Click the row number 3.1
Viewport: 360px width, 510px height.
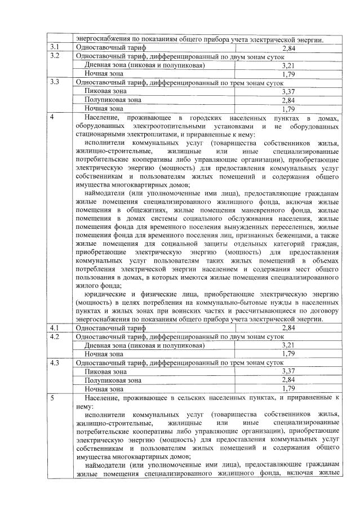click(55, 48)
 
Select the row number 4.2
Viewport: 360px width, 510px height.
click(55, 336)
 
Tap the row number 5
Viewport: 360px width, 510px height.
click(52, 398)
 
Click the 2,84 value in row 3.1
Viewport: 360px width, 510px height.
click(288, 48)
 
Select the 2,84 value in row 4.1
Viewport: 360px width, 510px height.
click(288, 328)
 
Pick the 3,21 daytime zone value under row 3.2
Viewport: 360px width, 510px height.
click(288, 65)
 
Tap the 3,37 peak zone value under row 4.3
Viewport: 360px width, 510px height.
click(288, 371)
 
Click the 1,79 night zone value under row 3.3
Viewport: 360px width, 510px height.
click(288, 109)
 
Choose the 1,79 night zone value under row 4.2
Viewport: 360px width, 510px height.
click(288, 354)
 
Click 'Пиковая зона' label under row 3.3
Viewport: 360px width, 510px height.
click(105, 91)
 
